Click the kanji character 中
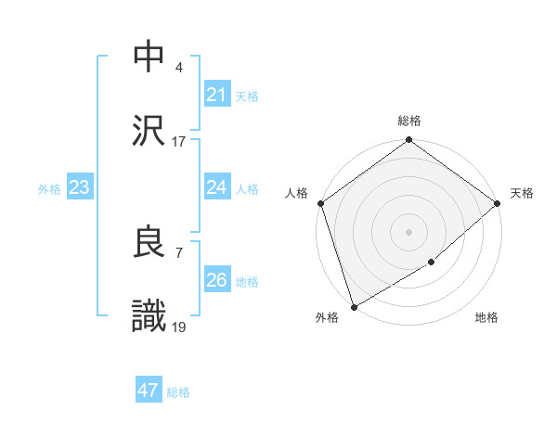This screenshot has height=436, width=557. pos(149,57)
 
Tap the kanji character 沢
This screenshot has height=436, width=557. pos(149,131)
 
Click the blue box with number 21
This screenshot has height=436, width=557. pos(216,95)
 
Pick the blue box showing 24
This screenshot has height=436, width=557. pos(216,187)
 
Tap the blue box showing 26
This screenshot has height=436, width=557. pos(216,280)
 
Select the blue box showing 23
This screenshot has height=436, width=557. pos(79,187)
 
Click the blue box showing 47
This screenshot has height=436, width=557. pos(149,391)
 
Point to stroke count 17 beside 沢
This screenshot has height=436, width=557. pos(179,142)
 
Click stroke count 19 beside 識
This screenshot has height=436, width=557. pos(179,328)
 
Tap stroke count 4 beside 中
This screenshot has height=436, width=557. pos(178,68)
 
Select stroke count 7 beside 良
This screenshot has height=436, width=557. pos(178,253)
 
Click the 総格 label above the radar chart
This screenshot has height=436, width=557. pos(409,122)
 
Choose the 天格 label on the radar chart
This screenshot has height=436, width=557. pos(522,193)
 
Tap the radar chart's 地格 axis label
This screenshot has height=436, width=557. pos(486,317)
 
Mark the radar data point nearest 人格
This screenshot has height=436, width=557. pos(320,203)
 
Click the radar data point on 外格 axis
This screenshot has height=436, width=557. pos(354,306)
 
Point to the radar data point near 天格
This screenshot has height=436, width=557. pos(498,203)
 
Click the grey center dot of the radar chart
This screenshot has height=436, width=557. pos(409,231)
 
